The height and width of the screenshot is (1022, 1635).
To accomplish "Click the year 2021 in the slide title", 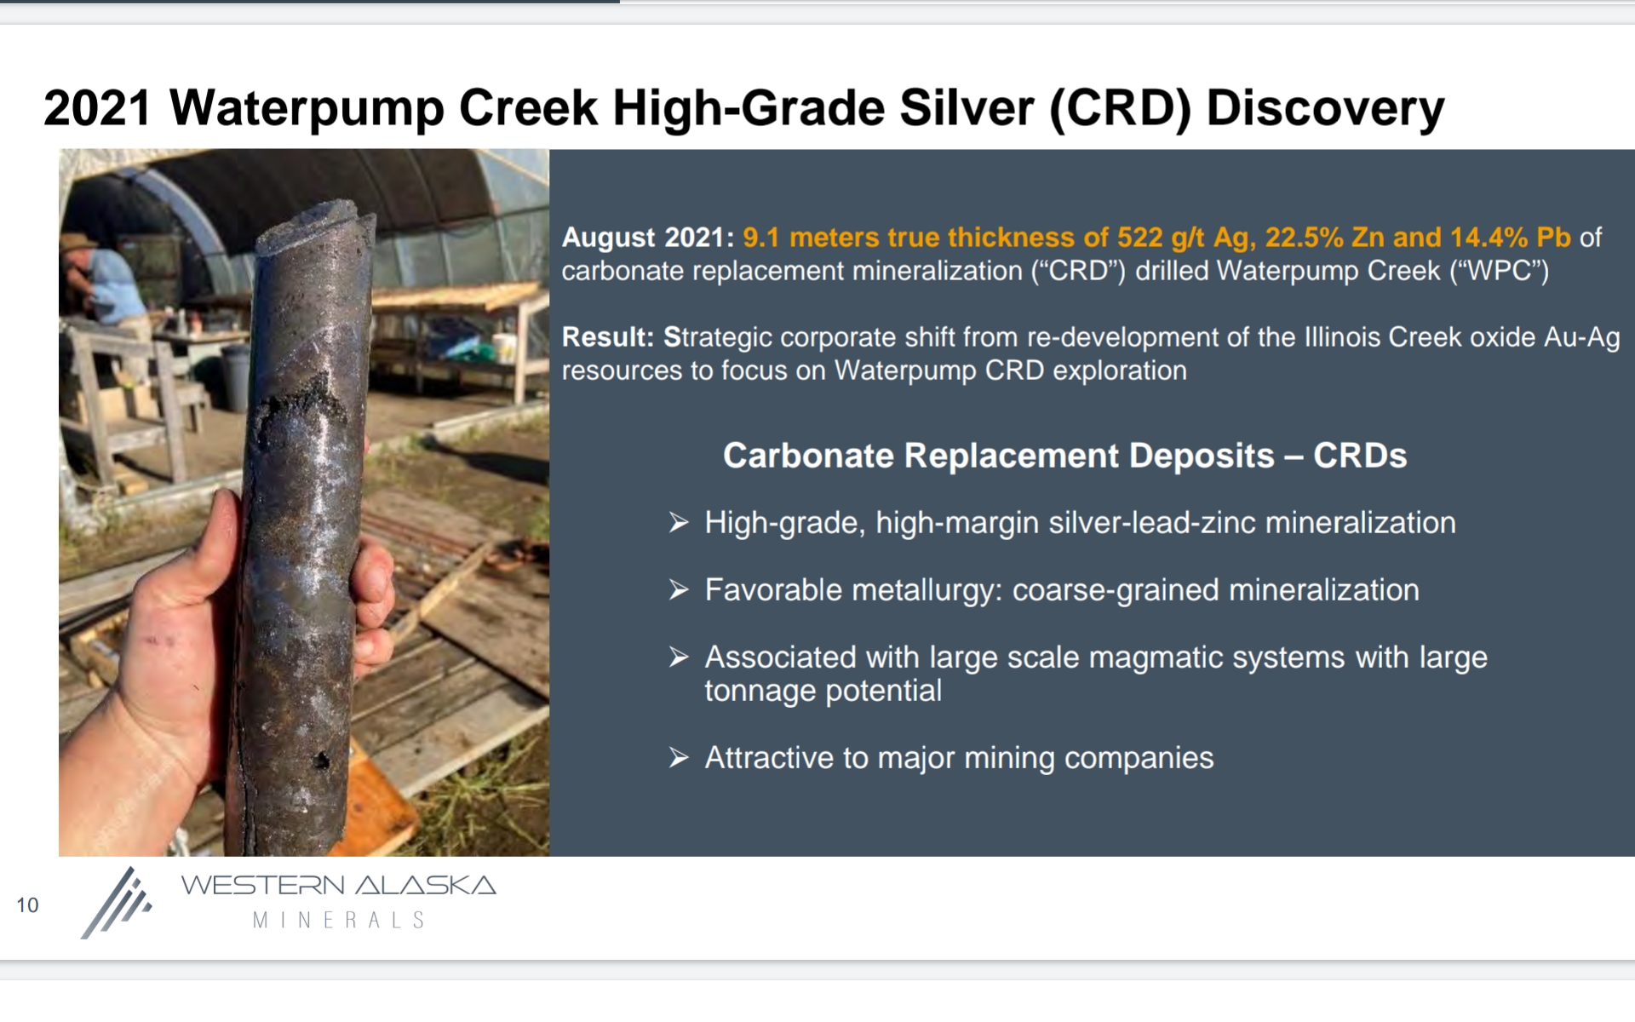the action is click(98, 109).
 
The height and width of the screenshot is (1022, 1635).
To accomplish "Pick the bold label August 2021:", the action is click(648, 238).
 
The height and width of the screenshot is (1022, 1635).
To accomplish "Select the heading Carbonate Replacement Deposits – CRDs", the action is click(1064, 456).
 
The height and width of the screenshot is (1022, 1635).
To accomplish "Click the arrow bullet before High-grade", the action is click(679, 522).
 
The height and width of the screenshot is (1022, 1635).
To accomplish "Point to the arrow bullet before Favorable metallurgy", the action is click(679, 589).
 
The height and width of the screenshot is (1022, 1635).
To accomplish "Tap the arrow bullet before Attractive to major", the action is click(679, 757).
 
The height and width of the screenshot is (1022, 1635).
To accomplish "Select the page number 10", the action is click(27, 905).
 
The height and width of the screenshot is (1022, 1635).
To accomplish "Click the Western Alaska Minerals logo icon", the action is click(117, 903).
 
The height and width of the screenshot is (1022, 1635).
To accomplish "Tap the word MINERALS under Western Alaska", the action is click(339, 921).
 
